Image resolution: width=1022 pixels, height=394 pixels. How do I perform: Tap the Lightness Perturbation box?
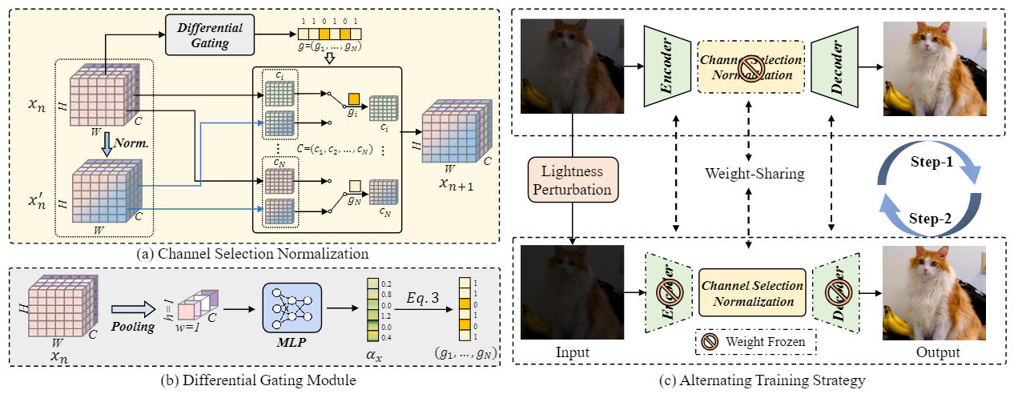pos(572,180)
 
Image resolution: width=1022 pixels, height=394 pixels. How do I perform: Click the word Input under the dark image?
pos(572,352)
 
